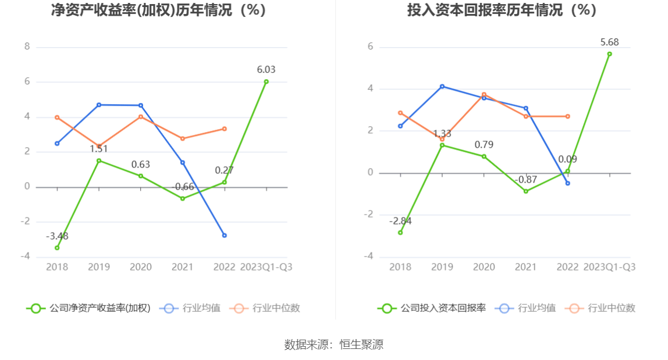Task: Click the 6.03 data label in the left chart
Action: point(266,70)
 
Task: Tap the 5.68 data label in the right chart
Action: point(609,42)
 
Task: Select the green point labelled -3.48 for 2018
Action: point(57,248)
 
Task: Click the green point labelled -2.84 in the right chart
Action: point(400,233)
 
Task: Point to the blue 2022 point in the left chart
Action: point(225,236)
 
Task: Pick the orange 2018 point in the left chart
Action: point(57,117)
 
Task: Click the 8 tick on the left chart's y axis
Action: point(27,47)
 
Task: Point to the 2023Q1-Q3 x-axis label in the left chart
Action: point(266,267)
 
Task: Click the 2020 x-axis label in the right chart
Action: point(484,267)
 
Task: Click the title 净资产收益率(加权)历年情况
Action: point(158,10)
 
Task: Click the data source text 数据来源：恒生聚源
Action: point(334,345)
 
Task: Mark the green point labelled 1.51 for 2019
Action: point(99,161)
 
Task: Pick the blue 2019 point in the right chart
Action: point(442,87)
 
